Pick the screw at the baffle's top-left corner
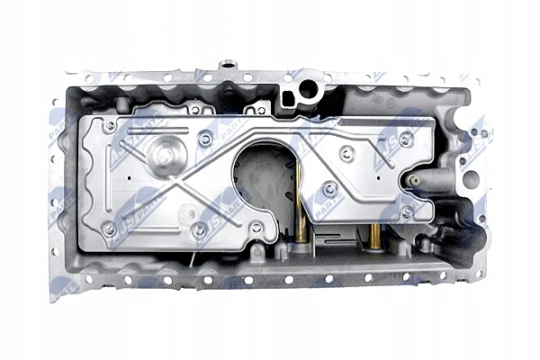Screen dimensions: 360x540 tap(109, 128)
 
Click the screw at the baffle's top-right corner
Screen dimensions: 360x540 tap(406, 138)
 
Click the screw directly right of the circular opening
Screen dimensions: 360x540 tap(330, 189)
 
